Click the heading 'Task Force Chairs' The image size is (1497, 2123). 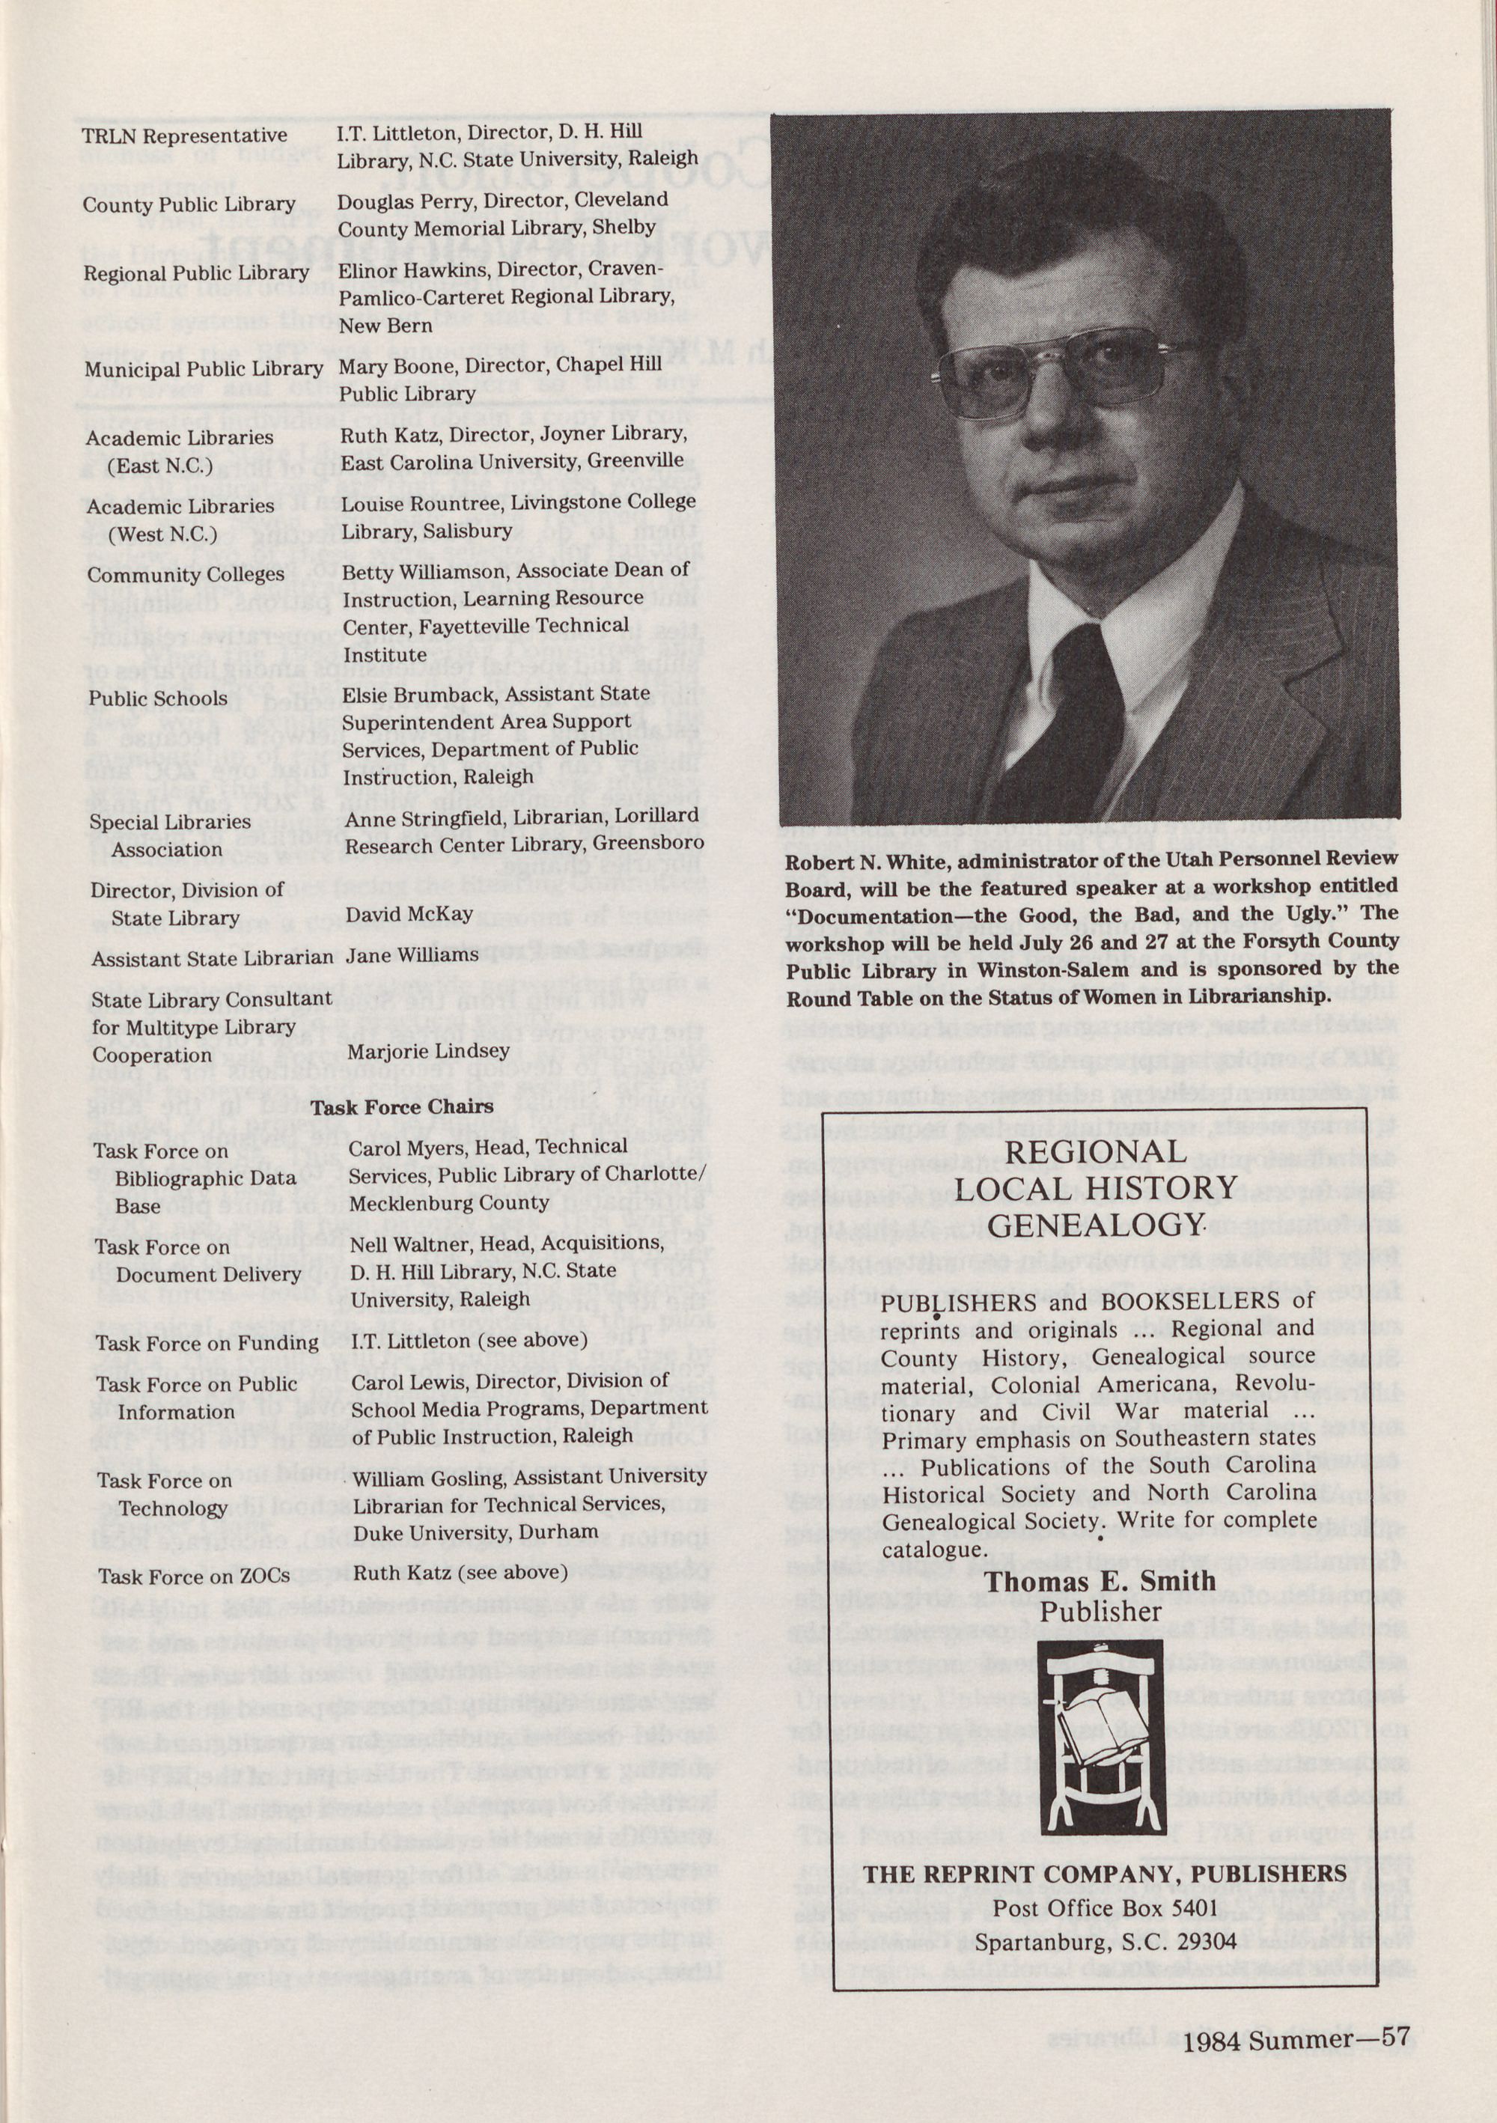point(402,1107)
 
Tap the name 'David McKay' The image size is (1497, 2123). point(409,913)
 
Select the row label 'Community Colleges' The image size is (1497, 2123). point(186,575)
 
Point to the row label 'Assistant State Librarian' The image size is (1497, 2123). point(212,959)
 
